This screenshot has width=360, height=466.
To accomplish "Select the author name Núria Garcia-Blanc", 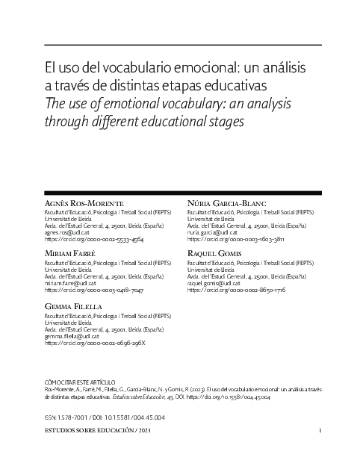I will pyautogui.click(x=226, y=204).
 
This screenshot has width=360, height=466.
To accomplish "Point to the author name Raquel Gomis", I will pyautogui.click(x=216, y=255).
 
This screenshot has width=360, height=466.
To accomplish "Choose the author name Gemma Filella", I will pyautogui.click(x=73, y=307).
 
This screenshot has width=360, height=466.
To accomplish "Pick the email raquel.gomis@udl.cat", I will pyautogui.click(x=215, y=284).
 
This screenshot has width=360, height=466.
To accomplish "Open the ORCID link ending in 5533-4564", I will pyautogui.click(x=94, y=240).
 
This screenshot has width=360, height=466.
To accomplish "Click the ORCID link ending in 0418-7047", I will pyautogui.click(x=94, y=291).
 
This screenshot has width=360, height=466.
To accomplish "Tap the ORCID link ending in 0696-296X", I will pyautogui.click(x=95, y=343).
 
